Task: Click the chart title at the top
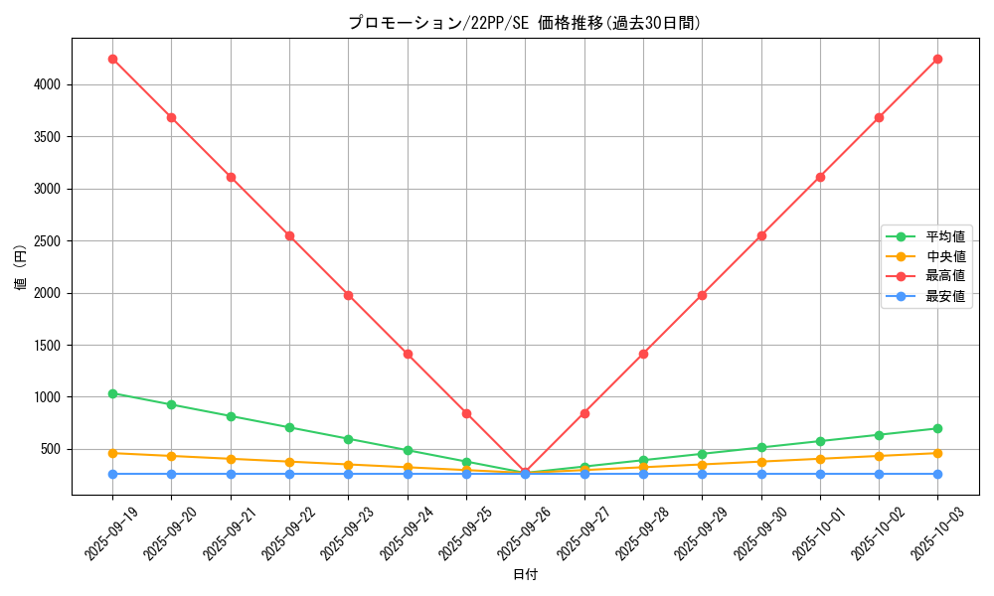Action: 524,23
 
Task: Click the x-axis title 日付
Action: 525,575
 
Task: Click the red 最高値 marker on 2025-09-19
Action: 112,59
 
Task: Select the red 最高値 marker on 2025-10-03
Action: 937,59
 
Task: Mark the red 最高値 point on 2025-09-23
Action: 348,295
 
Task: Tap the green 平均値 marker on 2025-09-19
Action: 112,393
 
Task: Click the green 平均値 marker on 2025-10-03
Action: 937,428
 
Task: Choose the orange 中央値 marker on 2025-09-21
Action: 231,459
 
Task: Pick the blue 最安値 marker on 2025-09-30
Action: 761,474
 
